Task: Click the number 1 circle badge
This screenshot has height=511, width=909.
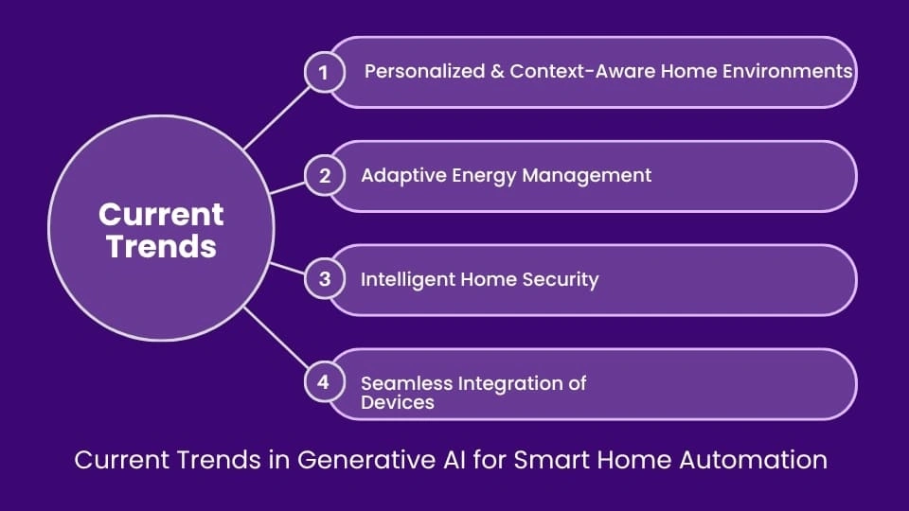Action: click(324, 73)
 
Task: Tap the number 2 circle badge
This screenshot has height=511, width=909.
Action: click(324, 176)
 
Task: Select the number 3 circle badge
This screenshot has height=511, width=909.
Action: click(324, 279)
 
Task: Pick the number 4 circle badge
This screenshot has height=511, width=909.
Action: click(324, 382)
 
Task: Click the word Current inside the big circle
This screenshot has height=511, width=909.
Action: click(161, 214)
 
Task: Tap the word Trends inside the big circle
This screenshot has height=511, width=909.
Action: click(161, 246)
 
